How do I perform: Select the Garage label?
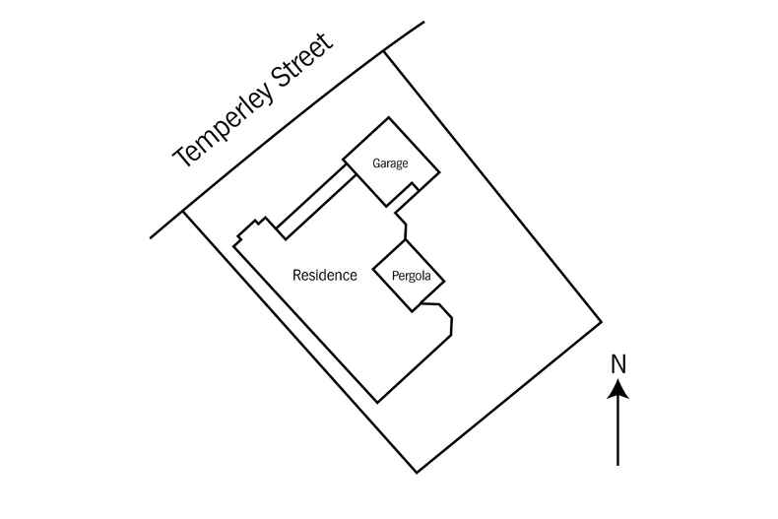(389, 163)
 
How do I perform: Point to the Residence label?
(325, 276)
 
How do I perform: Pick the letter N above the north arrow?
(617, 362)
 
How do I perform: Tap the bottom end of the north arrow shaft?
(617, 464)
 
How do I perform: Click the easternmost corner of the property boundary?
(601, 321)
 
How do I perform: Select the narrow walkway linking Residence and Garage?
(313, 201)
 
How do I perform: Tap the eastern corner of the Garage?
(438, 173)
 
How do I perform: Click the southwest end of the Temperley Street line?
(151, 237)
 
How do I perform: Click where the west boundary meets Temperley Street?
(184, 211)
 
